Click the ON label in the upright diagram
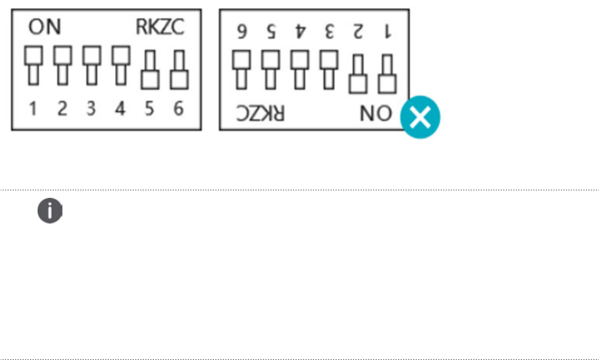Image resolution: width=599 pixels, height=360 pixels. (46, 27)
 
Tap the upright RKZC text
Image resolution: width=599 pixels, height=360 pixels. (161, 27)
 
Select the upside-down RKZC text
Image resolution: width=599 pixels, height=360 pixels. (260, 113)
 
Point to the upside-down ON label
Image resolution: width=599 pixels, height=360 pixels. (376, 113)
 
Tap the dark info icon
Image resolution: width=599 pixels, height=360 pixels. (50, 212)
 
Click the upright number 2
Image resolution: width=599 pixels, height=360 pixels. (62, 109)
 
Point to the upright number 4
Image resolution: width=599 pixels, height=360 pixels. (120, 109)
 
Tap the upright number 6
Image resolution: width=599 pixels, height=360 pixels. (179, 109)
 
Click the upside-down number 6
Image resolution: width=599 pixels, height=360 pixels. (241, 31)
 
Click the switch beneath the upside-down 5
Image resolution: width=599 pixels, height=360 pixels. (270, 69)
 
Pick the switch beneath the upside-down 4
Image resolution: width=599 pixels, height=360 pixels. (300, 69)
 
